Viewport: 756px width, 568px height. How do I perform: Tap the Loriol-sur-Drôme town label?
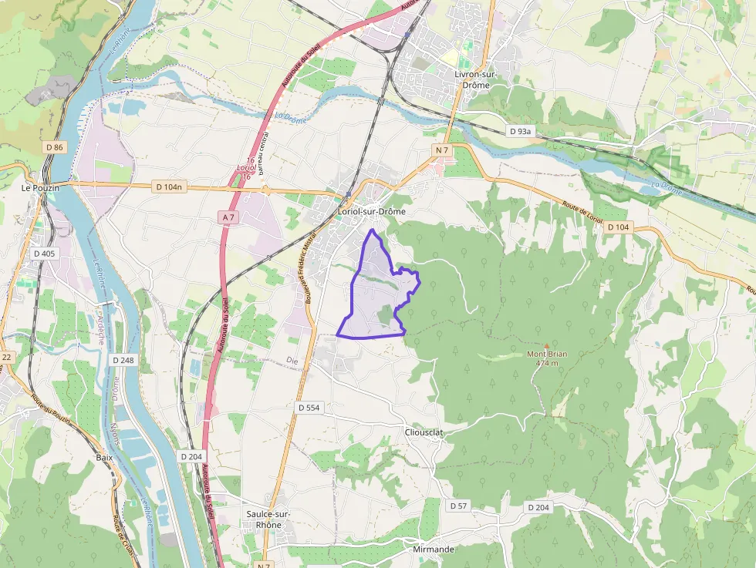(x=372, y=211)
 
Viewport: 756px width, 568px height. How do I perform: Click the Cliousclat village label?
(x=424, y=432)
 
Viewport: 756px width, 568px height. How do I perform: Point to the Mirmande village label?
(x=434, y=550)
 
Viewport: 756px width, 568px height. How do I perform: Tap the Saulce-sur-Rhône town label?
(x=268, y=519)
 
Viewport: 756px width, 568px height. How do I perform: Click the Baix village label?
(x=104, y=457)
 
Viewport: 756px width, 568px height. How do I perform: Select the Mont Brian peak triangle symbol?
(x=547, y=346)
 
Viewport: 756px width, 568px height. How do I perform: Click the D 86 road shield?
(x=54, y=146)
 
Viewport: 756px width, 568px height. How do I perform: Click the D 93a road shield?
(x=521, y=132)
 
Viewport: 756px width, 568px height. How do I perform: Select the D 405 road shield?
(x=44, y=253)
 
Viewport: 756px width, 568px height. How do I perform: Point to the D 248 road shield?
(x=123, y=360)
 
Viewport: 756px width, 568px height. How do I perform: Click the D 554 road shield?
(x=309, y=407)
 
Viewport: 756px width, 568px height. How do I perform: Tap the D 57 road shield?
(x=457, y=506)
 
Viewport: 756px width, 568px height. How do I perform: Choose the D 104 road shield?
(x=619, y=227)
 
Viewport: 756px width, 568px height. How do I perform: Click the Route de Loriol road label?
(x=582, y=213)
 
